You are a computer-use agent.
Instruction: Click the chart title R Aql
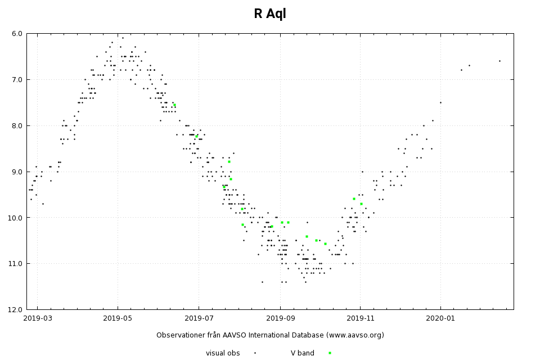tap(270, 14)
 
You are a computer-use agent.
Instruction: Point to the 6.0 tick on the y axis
tap(17, 34)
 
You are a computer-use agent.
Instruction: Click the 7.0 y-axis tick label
tap(17, 80)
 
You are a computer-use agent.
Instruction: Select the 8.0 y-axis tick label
tap(17, 125)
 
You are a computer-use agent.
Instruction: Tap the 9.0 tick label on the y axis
tap(17, 172)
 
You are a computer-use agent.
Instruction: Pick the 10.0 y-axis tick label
tap(15, 218)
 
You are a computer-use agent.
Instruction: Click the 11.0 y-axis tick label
tap(15, 264)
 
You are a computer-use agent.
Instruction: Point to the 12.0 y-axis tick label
tap(15, 309)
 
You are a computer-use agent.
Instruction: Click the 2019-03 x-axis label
tap(38, 319)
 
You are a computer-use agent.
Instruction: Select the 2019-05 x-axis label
tap(118, 319)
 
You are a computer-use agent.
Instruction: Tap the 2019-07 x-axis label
tap(199, 319)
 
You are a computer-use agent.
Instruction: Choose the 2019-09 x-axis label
tap(280, 319)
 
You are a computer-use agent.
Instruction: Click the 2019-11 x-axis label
tap(360, 319)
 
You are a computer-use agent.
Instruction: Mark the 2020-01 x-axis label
tap(440, 319)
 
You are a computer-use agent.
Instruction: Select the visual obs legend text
tap(223, 353)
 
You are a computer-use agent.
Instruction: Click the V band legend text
tap(303, 353)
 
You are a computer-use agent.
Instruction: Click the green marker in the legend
tap(330, 353)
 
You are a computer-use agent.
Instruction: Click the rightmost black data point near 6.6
tap(499, 61)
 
